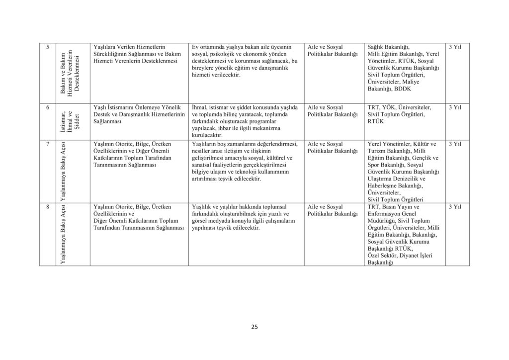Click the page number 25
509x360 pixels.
point(254,327)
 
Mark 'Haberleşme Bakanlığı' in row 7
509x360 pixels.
point(395,186)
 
